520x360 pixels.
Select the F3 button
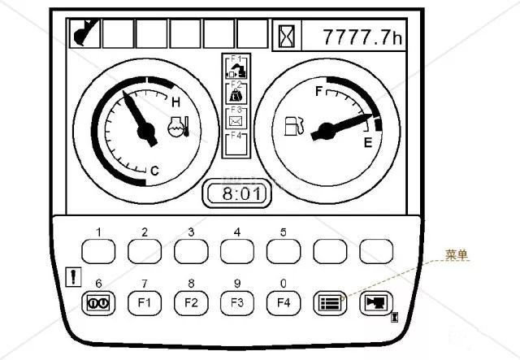pyautogui.click(x=237, y=302)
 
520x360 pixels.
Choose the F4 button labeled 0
pyautogui.click(x=284, y=302)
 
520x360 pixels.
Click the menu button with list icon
pyautogui.click(x=330, y=302)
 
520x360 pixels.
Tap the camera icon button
pyautogui.click(x=376, y=302)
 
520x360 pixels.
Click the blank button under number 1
pyautogui.click(x=98, y=252)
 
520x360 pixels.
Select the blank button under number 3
pyautogui.click(x=191, y=252)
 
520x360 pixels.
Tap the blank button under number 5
pyautogui.click(x=284, y=252)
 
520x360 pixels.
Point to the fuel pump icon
pyautogui.click(x=294, y=126)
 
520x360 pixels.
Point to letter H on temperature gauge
pyautogui.click(x=176, y=102)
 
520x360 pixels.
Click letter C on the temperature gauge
pyautogui.click(x=154, y=171)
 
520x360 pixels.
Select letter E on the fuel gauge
pyautogui.click(x=367, y=143)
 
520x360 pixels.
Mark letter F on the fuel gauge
pyautogui.click(x=319, y=89)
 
